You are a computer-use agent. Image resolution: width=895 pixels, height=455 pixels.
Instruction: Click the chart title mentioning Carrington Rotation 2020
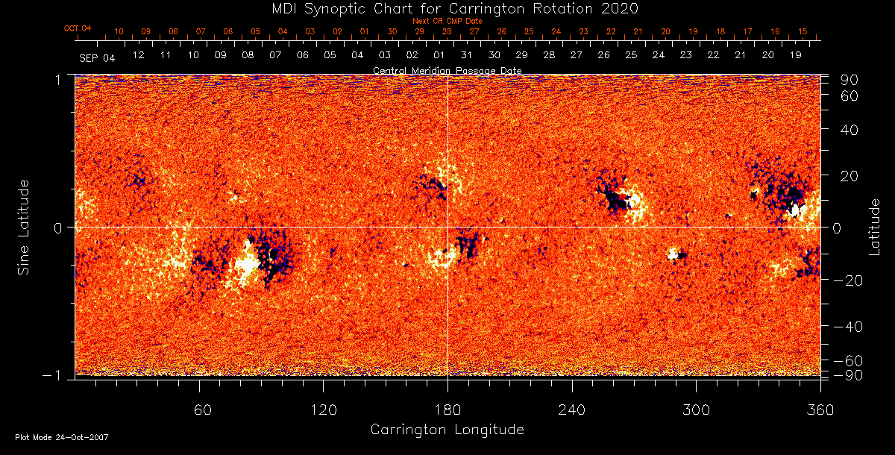[447, 8]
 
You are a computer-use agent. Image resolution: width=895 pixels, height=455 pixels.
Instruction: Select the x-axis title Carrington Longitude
[447, 430]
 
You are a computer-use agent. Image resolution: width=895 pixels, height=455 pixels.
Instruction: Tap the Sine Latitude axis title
[25, 227]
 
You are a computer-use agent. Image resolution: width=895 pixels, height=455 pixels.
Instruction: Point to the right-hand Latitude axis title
[875, 227]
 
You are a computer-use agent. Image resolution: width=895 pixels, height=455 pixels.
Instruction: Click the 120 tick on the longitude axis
[323, 409]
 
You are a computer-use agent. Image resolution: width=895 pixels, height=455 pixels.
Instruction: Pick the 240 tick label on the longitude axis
[571, 409]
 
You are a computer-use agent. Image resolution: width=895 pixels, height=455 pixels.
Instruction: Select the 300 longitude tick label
[696, 409]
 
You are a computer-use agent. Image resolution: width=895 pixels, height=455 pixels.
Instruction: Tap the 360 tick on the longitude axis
[820, 409]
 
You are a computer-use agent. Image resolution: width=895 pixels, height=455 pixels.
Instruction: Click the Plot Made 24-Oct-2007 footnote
[62, 437]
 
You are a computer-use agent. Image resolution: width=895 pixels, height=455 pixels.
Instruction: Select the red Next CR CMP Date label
[447, 21]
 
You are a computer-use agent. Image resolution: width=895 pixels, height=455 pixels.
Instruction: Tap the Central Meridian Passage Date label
[447, 71]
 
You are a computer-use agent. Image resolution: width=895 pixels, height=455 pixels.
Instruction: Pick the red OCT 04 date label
[78, 28]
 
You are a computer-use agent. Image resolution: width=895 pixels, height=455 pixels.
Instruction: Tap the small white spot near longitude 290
[673, 254]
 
